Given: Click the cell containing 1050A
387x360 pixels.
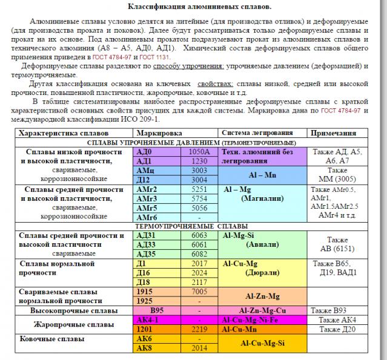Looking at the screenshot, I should tap(199, 152).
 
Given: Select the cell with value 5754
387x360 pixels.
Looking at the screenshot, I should tap(199, 198).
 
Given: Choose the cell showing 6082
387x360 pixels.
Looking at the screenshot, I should tap(199, 254).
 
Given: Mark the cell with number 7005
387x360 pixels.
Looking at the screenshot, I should tap(199, 292).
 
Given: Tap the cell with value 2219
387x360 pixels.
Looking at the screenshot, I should tap(199, 329).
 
